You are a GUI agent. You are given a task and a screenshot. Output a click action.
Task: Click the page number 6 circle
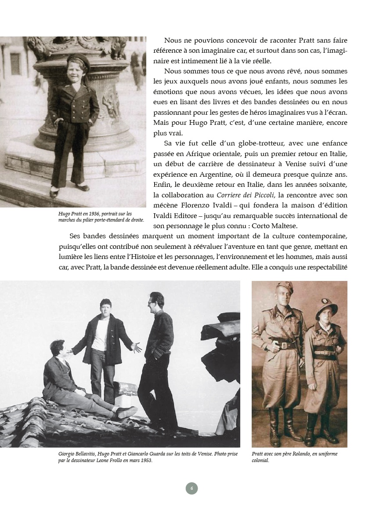coord(191,488)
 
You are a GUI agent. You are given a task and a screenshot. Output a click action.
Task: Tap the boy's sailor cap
coord(79,60)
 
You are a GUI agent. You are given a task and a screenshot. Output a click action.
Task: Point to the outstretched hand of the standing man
coord(137,347)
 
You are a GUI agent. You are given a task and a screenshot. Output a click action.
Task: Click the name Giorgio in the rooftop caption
coord(67,454)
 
